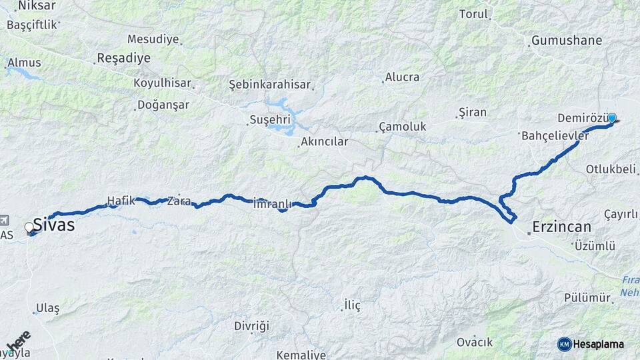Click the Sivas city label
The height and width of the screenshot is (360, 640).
click(x=53, y=225)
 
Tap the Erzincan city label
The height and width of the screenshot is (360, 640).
click(x=561, y=227)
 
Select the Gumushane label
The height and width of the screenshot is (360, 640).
click(x=566, y=41)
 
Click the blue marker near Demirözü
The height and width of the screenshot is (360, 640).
click(x=611, y=118)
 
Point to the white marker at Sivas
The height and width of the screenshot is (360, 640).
click(x=29, y=228)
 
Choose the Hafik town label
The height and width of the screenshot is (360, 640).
click(x=121, y=199)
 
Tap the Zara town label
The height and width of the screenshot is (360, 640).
click(x=179, y=200)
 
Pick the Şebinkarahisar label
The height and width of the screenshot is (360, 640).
click(x=270, y=85)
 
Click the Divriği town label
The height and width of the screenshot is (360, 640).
click(x=251, y=326)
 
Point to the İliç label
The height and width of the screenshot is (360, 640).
click(x=351, y=305)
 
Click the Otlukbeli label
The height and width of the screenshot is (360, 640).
click(x=611, y=169)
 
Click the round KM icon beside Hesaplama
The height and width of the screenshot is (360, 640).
click(x=564, y=344)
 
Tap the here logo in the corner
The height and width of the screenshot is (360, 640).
click(x=18, y=342)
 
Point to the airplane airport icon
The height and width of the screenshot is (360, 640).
click(x=5, y=220)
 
